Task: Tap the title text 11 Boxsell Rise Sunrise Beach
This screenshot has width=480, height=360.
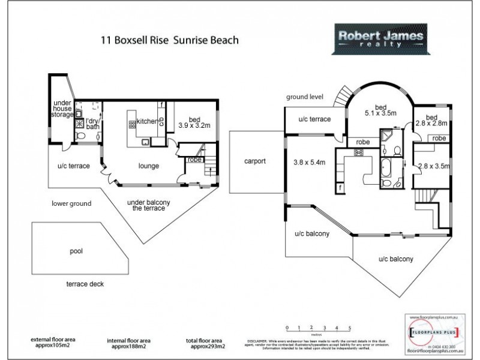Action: tap(170, 41)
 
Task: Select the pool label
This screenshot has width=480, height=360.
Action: tap(76, 251)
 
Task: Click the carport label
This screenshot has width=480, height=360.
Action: tap(254, 161)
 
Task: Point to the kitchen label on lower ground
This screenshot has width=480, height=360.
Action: tap(147, 122)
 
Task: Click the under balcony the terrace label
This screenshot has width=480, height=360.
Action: tap(148, 205)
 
